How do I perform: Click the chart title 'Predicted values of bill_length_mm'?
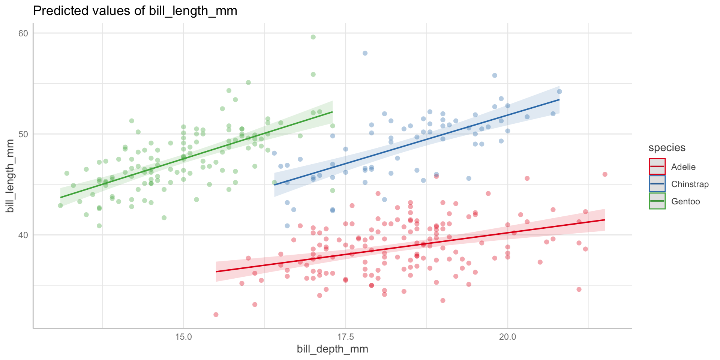[135, 11]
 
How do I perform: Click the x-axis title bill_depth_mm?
[332, 349]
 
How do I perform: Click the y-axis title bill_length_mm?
[10, 175]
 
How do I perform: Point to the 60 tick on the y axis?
[23, 33]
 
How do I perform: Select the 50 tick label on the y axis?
[23, 134]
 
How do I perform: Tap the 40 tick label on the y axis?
[23, 235]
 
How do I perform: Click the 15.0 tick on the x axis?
[183, 336]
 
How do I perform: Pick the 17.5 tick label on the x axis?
[345, 336]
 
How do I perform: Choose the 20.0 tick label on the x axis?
[507, 336]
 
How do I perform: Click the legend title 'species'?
[667, 148]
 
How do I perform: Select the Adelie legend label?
[683, 167]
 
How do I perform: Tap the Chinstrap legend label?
[690, 184]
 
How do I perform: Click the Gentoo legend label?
[685, 201]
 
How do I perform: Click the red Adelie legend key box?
[657, 167]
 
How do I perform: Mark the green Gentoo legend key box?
[657, 201]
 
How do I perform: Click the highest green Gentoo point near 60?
[313, 37]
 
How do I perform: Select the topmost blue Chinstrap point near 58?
[365, 53]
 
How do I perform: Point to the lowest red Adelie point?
[216, 315]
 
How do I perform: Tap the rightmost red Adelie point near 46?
[604, 174]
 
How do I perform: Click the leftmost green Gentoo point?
[60, 205]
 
